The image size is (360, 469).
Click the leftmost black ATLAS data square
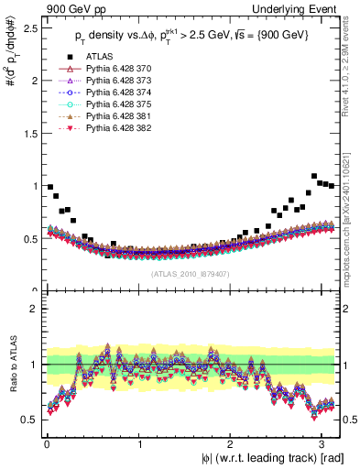pyautogui.click(x=49, y=187)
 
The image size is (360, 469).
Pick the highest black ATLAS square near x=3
pyautogui.click(x=314, y=176)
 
